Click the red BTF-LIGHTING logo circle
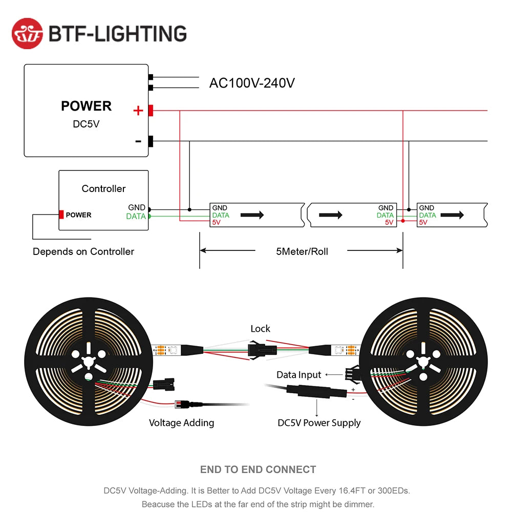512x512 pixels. (28, 33)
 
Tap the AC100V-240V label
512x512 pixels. (252, 83)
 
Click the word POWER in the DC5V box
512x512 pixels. (86, 106)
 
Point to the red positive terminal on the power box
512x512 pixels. (151, 110)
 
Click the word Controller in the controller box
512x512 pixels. (103, 189)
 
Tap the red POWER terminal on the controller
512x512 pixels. (61, 215)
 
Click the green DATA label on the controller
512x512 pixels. (136, 217)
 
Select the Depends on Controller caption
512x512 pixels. (83, 251)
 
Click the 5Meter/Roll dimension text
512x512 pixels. (302, 251)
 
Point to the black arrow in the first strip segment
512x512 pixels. (252, 215)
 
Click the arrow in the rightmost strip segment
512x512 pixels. (453, 215)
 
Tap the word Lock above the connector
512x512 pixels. (260, 329)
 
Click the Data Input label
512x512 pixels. (299, 375)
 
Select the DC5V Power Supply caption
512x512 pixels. (319, 423)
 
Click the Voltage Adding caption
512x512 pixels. (181, 423)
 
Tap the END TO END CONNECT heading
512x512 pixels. (258, 470)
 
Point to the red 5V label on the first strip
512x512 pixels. (217, 223)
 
